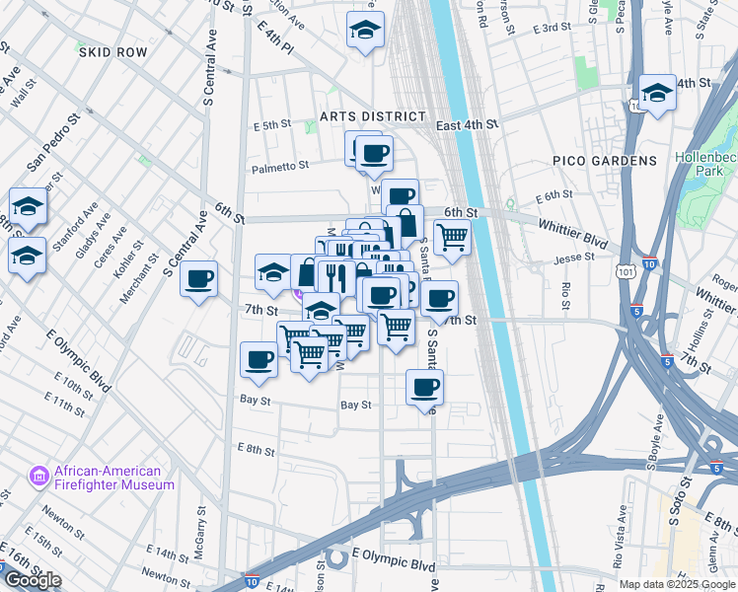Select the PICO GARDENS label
tap(604, 161)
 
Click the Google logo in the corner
tap(33, 580)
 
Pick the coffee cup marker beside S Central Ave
tap(199, 279)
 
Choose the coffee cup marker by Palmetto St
tap(374, 153)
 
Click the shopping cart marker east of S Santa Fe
tap(452, 237)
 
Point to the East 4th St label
tap(468, 124)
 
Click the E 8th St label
tap(256, 450)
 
